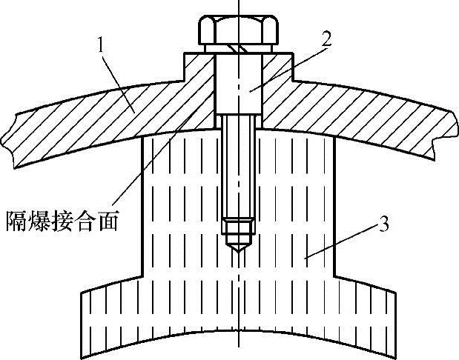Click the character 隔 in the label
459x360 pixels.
[x=16, y=221]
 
